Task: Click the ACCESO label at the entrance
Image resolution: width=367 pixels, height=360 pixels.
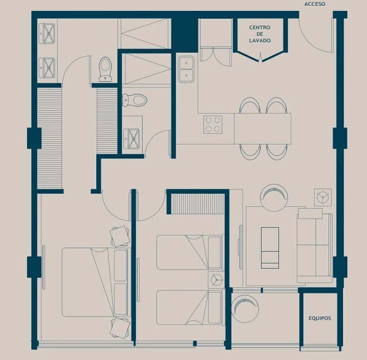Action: pyautogui.click(x=315, y=4)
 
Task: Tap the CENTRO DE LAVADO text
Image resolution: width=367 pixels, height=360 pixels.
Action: pyautogui.click(x=260, y=34)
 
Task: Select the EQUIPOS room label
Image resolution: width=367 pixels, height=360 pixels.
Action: pyautogui.click(x=320, y=318)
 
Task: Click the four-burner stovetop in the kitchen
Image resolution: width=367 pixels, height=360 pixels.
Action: pyautogui.click(x=213, y=125)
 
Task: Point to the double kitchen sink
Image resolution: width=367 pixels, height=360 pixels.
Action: pyautogui.click(x=186, y=69)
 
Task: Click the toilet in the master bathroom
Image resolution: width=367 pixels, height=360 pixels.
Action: pyautogui.click(x=105, y=69)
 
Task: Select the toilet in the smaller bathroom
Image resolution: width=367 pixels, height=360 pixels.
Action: pyautogui.click(x=135, y=100)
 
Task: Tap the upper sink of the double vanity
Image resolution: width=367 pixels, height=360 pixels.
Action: pyautogui.click(x=47, y=33)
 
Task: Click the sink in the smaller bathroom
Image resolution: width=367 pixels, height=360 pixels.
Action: pyautogui.click(x=132, y=139)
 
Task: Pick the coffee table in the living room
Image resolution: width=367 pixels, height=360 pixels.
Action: pyautogui.click(x=270, y=248)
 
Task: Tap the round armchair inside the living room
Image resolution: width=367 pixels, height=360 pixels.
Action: pyautogui.click(x=274, y=198)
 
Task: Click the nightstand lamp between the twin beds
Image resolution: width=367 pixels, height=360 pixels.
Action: pyautogui.click(x=216, y=280)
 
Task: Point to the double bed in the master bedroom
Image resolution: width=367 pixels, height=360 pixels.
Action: pyautogui.click(x=95, y=282)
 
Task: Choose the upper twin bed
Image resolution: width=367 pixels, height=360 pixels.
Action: pyautogui.click(x=189, y=252)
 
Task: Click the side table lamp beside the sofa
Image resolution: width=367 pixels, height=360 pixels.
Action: pyautogui.click(x=323, y=197)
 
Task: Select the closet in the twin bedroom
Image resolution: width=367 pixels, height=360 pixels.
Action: pyautogui.click(x=198, y=204)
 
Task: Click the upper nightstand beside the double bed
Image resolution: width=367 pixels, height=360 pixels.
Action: pyautogui.click(x=120, y=236)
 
